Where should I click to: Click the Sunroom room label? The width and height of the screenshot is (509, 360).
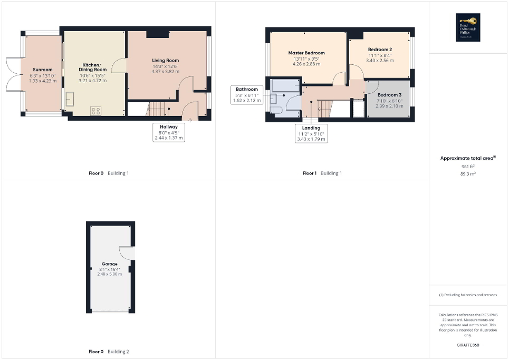[43, 70]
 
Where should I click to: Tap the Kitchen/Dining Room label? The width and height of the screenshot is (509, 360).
[93, 67]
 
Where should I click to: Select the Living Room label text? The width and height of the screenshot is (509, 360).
[166, 61]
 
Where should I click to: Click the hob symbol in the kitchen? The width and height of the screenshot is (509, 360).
[96, 111]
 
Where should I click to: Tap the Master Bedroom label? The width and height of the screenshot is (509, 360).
[306, 53]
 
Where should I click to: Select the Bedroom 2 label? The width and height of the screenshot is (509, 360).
[380, 50]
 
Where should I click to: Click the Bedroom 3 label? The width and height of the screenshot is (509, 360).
[389, 95]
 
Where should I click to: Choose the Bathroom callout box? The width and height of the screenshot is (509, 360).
[247, 95]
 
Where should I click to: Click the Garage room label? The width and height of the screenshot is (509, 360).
[110, 264]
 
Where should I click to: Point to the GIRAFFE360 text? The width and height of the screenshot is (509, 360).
[469, 345]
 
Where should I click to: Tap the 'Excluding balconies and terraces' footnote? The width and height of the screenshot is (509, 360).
[469, 295]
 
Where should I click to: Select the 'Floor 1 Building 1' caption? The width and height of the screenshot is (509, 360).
[321, 173]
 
